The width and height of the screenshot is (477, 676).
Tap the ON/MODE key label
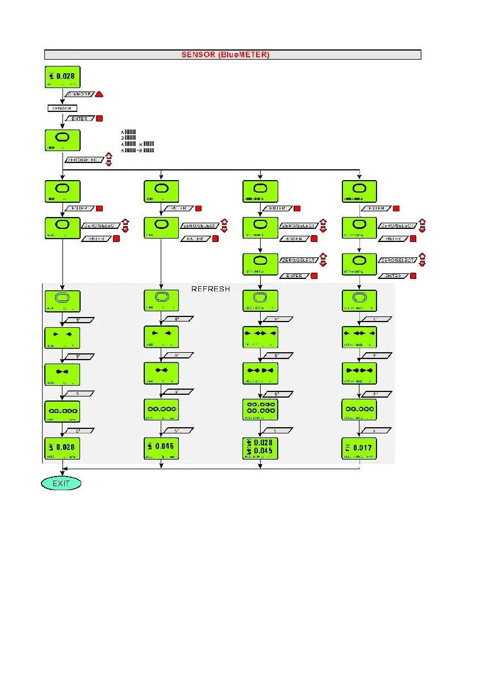[79, 94]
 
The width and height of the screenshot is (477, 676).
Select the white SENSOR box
[62, 108]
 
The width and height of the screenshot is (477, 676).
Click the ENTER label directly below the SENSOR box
[79, 119]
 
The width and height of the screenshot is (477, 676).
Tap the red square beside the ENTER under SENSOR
[99, 119]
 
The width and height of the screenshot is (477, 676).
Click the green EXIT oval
[61, 483]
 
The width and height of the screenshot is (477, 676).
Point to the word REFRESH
[211, 289]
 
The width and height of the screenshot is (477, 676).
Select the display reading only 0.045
[161, 449]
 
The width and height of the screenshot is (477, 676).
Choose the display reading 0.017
[360, 449]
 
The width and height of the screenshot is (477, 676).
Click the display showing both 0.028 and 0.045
[260, 449]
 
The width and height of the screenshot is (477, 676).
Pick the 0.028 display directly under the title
[62, 77]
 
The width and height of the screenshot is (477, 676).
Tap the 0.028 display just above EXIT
[62, 449]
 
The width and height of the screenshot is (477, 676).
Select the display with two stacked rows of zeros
[260, 410]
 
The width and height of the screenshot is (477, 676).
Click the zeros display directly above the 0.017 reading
[360, 410]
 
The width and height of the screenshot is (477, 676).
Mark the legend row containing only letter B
[129, 137]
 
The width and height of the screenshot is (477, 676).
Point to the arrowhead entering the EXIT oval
[62, 473]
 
